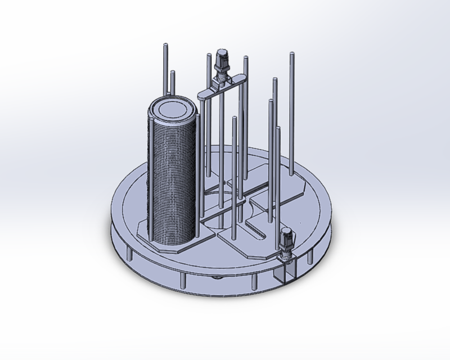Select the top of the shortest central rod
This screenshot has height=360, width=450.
(234, 119)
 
